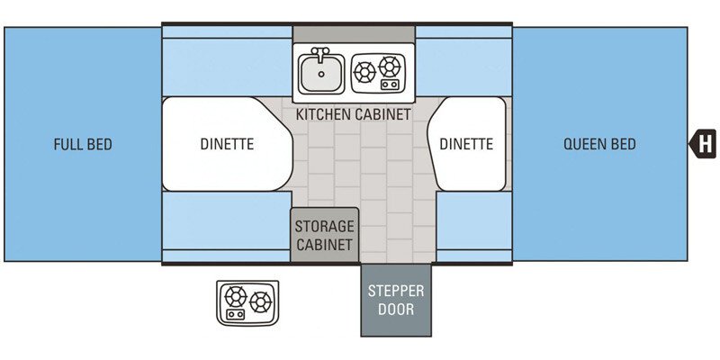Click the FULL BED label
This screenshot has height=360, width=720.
click(82, 144)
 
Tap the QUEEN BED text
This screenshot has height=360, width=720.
click(599, 144)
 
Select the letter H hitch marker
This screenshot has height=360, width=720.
click(705, 142)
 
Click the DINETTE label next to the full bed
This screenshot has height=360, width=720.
click(227, 144)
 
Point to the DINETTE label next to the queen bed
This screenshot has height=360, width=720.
click(466, 144)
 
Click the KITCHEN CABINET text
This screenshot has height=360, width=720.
click(354, 115)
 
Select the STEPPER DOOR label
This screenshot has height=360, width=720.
click(396, 300)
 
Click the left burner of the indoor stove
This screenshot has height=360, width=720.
click(364, 71)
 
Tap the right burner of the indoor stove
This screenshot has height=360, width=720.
click(390, 66)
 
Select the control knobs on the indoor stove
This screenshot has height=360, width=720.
click(390, 85)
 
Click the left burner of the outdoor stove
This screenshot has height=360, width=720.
click(236, 295)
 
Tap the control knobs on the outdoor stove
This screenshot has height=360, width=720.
click(236, 314)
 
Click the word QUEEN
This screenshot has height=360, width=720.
click(584, 144)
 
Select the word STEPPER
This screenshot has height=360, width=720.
click(396, 291)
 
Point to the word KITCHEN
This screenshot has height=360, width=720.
click(325, 115)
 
